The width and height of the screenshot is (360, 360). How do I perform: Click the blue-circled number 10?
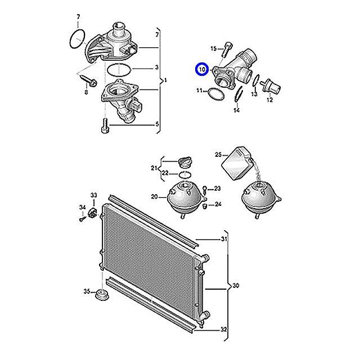point(202,70)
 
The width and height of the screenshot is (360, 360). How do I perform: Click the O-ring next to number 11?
point(214,93)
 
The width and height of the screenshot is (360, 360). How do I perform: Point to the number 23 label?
point(218,188)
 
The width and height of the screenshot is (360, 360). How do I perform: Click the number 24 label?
point(218,204)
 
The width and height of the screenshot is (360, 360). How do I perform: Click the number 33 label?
point(93,195)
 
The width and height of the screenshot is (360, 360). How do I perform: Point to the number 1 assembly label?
point(165,81)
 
